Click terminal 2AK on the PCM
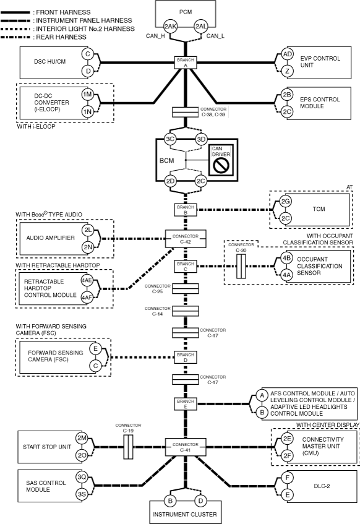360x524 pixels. tap(170, 27)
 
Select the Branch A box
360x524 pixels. tap(186, 62)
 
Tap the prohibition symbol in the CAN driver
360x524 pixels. tap(221, 165)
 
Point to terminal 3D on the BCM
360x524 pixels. tap(201, 139)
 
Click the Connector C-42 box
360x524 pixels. tap(186, 239)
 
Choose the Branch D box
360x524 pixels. tap(186, 357)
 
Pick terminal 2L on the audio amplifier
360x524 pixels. tap(88, 230)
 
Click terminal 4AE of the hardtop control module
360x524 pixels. tap(87, 280)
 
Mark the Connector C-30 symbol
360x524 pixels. tap(241, 266)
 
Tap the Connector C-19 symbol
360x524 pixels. tap(129, 447)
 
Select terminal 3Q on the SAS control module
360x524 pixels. tap(82, 477)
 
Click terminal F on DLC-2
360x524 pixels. tap(288, 478)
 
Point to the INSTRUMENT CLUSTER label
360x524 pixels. tap(185, 514)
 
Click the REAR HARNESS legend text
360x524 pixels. tap(61, 37)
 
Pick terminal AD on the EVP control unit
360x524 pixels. tap(288, 54)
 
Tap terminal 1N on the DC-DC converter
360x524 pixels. tap(88, 111)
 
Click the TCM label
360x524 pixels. tap(319, 209)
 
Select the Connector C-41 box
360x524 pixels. tap(186, 447)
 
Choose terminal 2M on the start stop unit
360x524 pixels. tap(82, 438)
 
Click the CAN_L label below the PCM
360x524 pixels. tap(215, 36)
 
